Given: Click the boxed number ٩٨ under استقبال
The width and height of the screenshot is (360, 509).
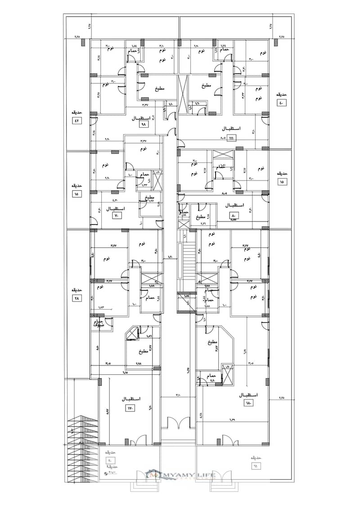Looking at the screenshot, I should click(144, 124).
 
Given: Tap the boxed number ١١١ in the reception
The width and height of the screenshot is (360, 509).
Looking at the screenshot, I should click(232, 137).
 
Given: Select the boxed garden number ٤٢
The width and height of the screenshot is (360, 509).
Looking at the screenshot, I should click(76, 121).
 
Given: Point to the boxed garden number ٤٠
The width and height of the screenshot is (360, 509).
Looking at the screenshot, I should click(282, 103).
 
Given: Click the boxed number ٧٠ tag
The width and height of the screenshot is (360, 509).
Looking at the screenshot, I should click(117, 216).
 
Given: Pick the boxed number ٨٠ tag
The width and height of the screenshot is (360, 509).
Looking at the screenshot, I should click(234, 215).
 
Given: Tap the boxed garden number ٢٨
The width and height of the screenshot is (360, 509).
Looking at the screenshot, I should click(76, 298).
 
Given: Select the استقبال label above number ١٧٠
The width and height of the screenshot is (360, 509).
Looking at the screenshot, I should click(131, 399).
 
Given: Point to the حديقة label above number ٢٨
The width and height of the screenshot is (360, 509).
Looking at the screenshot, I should click(76, 290).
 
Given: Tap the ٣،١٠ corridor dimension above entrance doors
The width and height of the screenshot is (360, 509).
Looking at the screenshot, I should click(178, 395).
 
